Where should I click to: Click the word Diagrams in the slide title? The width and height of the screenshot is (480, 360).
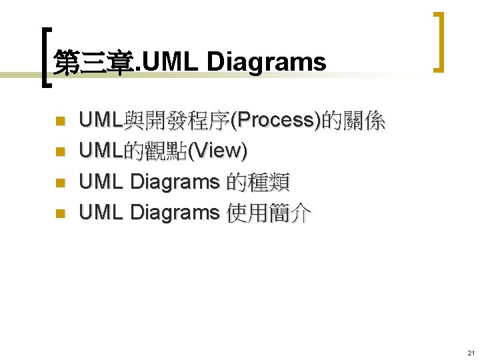point(267,62)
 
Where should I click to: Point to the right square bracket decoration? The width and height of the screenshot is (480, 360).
point(439,41)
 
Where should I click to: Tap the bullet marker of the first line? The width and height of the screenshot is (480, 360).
point(59,122)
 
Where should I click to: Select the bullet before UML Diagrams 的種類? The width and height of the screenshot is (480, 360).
point(59,183)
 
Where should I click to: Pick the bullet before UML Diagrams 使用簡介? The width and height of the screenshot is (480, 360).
point(59,213)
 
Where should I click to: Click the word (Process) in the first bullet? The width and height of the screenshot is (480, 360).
point(275,121)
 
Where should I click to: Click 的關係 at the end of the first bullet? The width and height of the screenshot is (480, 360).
point(353,121)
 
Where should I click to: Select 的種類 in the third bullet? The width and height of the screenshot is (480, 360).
point(258,181)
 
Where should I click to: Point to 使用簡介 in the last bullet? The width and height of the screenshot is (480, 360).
point(268,212)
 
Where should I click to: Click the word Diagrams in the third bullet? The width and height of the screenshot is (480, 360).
point(175,181)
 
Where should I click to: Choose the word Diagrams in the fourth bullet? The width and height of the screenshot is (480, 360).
point(175,212)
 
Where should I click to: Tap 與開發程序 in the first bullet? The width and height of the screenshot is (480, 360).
point(176,121)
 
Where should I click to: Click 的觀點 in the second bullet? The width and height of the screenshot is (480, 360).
point(155,151)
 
